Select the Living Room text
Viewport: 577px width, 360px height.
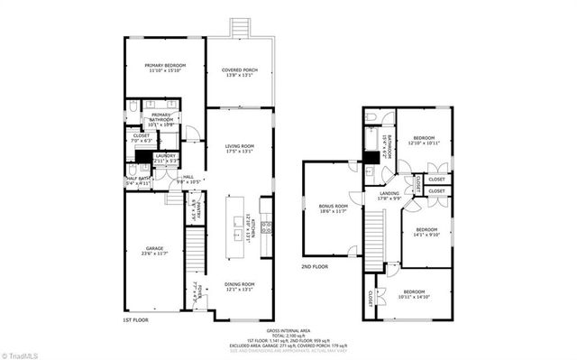point(240,149)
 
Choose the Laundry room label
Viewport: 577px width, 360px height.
point(165,158)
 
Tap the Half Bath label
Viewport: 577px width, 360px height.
point(138,180)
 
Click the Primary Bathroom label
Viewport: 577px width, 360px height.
point(161,117)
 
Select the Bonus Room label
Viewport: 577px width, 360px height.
point(333,208)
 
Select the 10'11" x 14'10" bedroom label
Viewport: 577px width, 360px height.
point(415,294)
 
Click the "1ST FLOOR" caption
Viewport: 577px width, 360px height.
point(134,320)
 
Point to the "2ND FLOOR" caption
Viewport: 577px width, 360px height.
point(315,267)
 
